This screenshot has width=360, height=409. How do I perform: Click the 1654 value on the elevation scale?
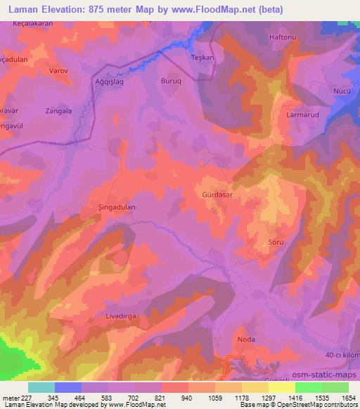click(349, 397)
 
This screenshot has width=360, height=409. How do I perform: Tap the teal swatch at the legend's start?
click(41, 387)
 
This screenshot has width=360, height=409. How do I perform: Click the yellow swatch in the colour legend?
click(282, 387)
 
